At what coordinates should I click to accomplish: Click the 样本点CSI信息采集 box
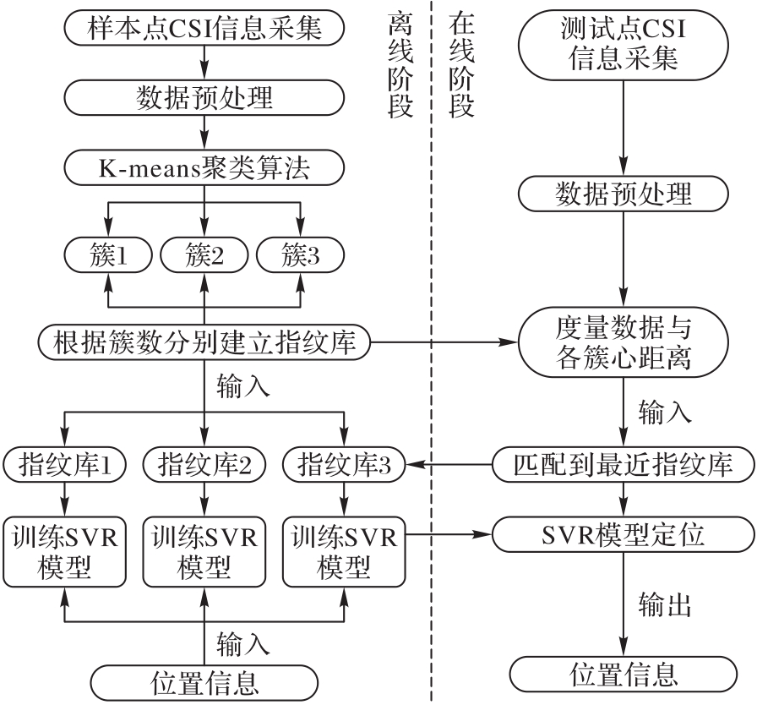click(x=204, y=28)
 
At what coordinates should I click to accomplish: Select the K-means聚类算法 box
click(x=204, y=169)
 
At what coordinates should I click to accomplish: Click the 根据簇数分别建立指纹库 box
click(x=204, y=342)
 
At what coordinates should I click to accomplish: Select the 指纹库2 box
click(x=204, y=463)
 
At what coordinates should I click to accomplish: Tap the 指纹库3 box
click(x=342, y=463)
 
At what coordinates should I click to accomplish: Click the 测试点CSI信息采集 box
click(x=624, y=43)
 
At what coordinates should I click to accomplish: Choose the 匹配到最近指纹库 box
click(x=624, y=463)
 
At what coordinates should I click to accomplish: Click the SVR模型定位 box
click(x=624, y=534)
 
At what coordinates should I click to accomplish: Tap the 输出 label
click(x=665, y=604)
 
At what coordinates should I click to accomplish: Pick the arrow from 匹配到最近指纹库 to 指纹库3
click(x=448, y=463)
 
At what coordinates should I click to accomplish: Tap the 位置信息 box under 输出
click(x=624, y=674)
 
